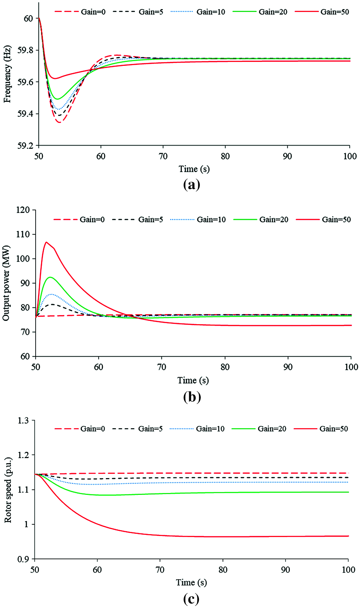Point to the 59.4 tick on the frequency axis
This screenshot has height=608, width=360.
[x=25, y=114]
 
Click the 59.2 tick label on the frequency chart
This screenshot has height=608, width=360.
[x=25, y=146]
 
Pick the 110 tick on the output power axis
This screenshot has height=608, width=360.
[x=23, y=235]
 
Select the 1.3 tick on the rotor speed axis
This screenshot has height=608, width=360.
[x=23, y=421]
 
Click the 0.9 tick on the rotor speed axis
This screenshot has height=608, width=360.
[x=23, y=559]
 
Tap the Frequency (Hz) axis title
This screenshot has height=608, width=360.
[x=7, y=74]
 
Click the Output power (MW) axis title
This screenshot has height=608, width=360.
[x=6, y=283]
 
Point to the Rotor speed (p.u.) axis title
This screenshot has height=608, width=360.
[x=8, y=490]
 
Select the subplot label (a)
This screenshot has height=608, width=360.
[x=192, y=185]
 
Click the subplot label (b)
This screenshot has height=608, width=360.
[x=192, y=397]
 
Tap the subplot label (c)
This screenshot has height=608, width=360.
[x=191, y=599]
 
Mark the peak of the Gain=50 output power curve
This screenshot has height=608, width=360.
[x=46, y=242]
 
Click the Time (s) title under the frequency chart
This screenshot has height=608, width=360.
[x=194, y=169]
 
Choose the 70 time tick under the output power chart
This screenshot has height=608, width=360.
[x=162, y=367]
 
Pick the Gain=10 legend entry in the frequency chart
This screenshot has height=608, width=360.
[x=211, y=12]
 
